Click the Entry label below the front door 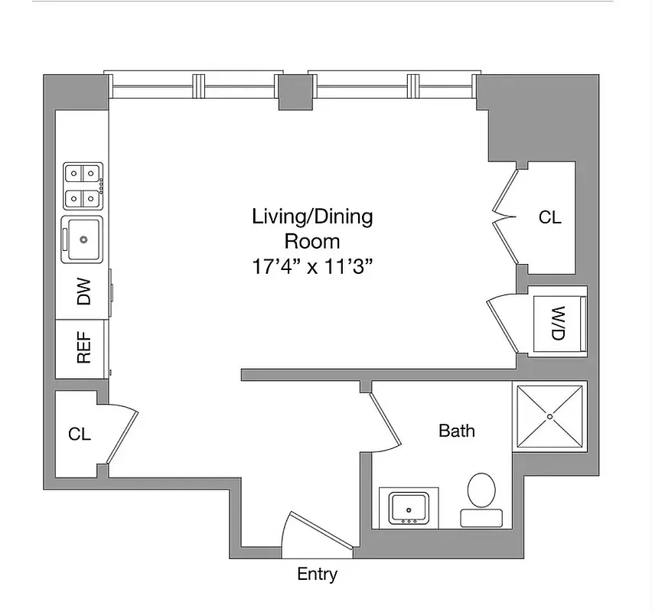point(317,575)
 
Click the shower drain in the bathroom point(549,416)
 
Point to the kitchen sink point(83,239)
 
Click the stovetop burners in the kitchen point(83,187)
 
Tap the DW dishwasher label point(83,291)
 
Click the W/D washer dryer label point(558,324)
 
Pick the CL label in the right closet point(549,217)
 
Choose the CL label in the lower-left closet point(80,435)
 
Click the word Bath point(456,431)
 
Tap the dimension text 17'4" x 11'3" point(312,267)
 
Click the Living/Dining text point(312,217)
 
